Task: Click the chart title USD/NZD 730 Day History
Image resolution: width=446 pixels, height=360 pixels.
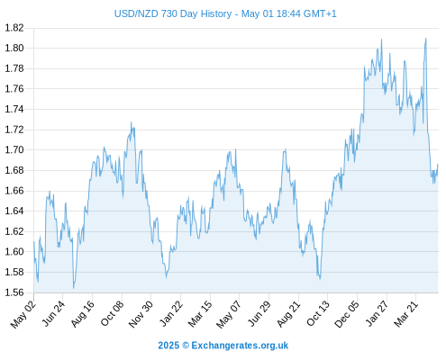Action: pyautogui.click(x=173, y=13)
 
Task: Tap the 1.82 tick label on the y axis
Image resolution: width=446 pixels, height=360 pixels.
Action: pyautogui.click(x=14, y=28)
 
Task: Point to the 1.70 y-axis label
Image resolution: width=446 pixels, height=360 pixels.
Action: pyautogui.click(x=14, y=149)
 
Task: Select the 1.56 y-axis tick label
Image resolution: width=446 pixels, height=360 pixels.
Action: pyautogui.click(x=14, y=292)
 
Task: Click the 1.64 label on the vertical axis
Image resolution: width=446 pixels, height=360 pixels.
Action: pyautogui.click(x=14, y=211)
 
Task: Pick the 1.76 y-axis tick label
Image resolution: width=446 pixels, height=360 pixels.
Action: pyautogui.click(x=14, y=89)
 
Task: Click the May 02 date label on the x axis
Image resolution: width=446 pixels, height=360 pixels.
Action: pyautogui.click(x=23, y=314)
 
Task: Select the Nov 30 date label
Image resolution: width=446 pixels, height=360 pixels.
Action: pyautogui.click(x=141, y=314)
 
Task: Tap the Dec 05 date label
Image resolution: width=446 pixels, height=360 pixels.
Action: pyautogui.click(x=347, y=314)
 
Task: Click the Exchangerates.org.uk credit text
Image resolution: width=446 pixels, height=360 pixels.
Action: pyautogui.click(x=240, y=346)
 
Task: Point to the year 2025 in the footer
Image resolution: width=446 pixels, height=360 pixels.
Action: pyautogui.click(x=168, y=346)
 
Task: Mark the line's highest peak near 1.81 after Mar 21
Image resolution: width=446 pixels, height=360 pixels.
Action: pyautogui.click(x=426, y=39)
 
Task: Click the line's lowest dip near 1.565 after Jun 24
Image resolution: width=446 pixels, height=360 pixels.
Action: pyautogui.click(x=73, y=288)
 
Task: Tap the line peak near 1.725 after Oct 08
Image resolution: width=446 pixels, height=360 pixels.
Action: pyautogui.click(x=131, y=122)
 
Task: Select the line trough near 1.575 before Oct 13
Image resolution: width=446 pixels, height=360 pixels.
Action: pyautogui.click(x=320, y=279)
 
